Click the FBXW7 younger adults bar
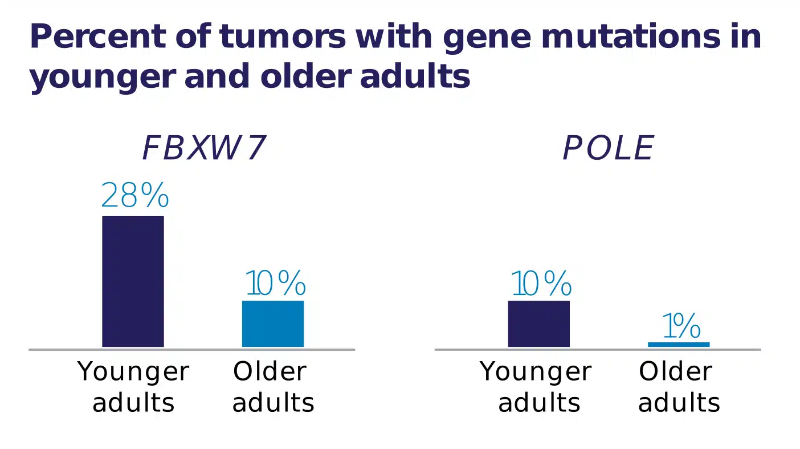point(133,281)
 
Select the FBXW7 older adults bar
point(273,324)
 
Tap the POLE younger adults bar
point(539,324)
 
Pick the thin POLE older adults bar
point(679,345)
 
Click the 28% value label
point(135,195)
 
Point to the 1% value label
point(682,326)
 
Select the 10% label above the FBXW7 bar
point(276,283)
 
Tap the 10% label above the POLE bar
point(542,283)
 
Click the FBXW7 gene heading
point(204,148)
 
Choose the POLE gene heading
point(609,148)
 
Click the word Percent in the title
point(98,36)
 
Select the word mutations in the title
point(631,36)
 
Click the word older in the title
point(306,76)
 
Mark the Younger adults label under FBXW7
point(133,387)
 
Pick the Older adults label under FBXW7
point(273,387)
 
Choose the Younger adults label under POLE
point(536,387)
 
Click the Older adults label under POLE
point(679,387)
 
